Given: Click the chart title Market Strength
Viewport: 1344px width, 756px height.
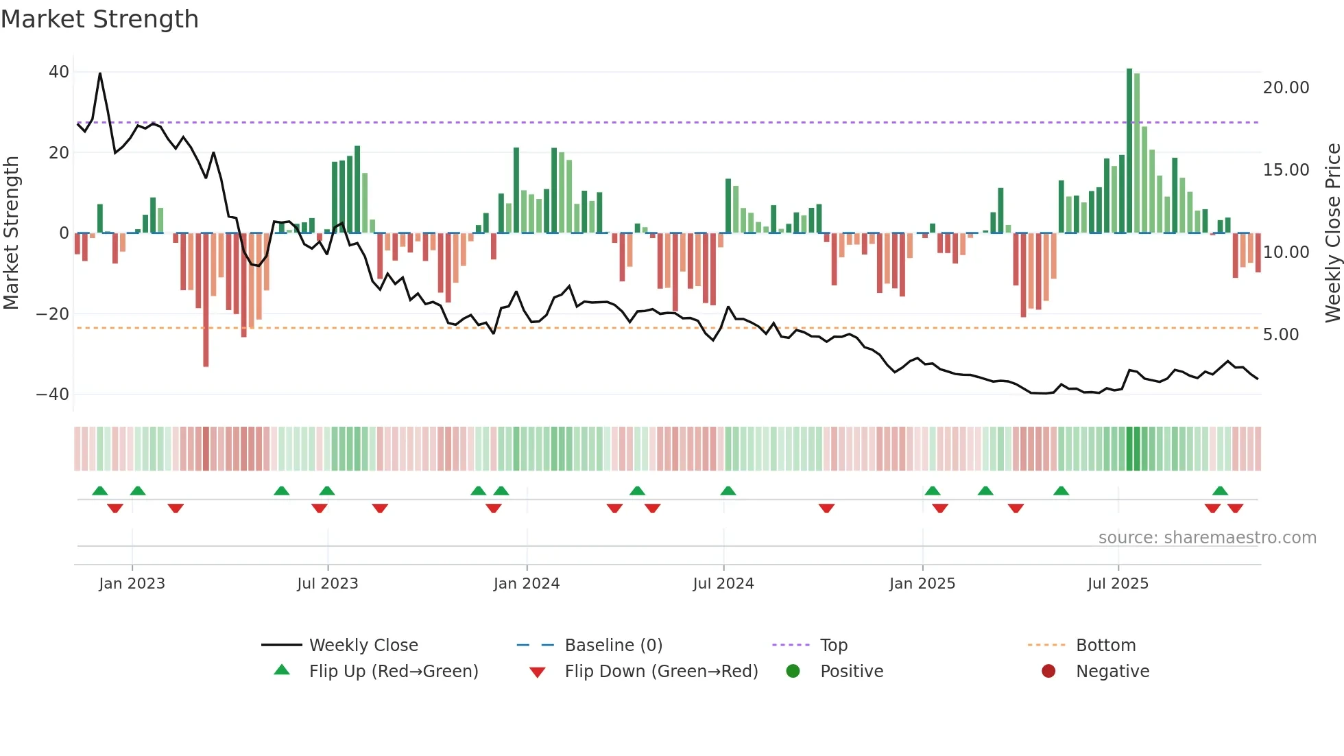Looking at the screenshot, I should [99, 19].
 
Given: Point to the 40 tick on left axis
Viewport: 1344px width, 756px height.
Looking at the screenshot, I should [59, 72].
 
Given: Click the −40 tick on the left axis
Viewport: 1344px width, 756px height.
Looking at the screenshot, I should [53, 394].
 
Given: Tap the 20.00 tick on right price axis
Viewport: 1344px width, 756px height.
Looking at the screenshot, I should [1286, 88].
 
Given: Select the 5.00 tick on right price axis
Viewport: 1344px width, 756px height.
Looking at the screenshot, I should [1280, 335].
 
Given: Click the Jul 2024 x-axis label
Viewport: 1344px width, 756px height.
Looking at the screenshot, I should [723, 584].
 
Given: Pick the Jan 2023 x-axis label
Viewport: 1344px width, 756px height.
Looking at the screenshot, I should [132, 584].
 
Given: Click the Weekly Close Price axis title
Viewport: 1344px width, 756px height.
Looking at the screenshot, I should [1332, 233].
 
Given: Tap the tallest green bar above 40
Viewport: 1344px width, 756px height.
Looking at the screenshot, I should [1129, 151].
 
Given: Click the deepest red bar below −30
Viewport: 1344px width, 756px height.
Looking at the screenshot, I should [206, 300].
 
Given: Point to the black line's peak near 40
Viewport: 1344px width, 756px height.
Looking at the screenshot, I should [100, 73].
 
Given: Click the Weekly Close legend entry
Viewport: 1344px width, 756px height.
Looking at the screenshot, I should [363, 646].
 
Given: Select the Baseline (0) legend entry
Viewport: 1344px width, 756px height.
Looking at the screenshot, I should [613, 646].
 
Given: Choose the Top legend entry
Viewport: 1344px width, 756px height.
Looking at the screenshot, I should [833, 646].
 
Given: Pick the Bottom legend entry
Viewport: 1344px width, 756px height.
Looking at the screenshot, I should [1105, 646].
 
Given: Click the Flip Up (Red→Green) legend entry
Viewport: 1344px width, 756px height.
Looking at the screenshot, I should [393, 672].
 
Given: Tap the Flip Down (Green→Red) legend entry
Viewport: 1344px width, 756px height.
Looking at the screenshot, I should [661, 672].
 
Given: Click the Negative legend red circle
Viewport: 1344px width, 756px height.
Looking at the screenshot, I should [1048, 672].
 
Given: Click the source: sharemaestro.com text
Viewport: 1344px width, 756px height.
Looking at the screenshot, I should [1207, 538].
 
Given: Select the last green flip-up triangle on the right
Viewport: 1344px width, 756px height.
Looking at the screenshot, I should [1220, 491].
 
